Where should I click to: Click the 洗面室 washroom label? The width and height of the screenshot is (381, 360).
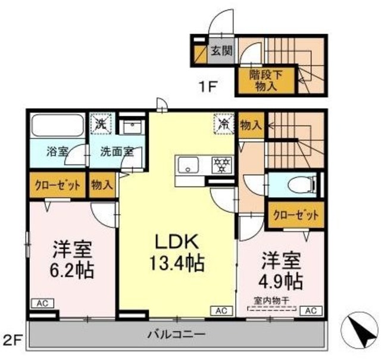(116, 151)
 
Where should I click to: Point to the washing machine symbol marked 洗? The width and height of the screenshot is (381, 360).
(101, 125)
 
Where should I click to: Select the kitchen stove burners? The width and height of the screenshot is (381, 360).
(222, 162)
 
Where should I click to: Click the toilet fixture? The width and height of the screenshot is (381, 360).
(298, 185)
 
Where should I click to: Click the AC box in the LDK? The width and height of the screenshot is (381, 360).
(221, 310)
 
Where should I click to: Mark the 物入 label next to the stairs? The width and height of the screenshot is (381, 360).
(251, 125)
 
